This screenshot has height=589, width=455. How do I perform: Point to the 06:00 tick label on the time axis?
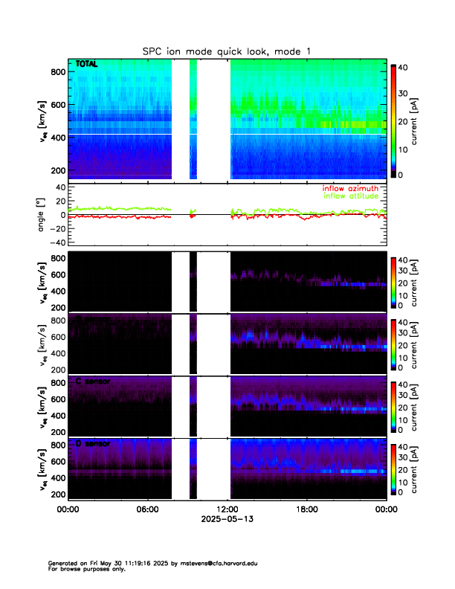click(147, 509)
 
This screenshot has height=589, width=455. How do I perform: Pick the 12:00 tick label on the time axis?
click(227, 509)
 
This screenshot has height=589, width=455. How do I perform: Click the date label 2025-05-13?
click(227, 520)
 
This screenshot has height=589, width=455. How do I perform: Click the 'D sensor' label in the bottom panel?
click(94, 444)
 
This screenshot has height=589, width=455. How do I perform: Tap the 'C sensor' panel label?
click(94, 382)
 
